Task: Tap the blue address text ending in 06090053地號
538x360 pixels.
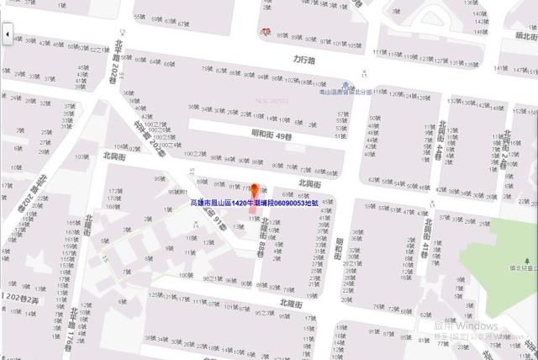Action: coord(255,204)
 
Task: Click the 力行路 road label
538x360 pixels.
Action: coord(303,61)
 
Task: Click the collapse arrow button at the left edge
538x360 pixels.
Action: coord(7,34)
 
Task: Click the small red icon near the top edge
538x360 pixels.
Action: coord(266,31)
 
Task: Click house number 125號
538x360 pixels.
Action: coord(155,295)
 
